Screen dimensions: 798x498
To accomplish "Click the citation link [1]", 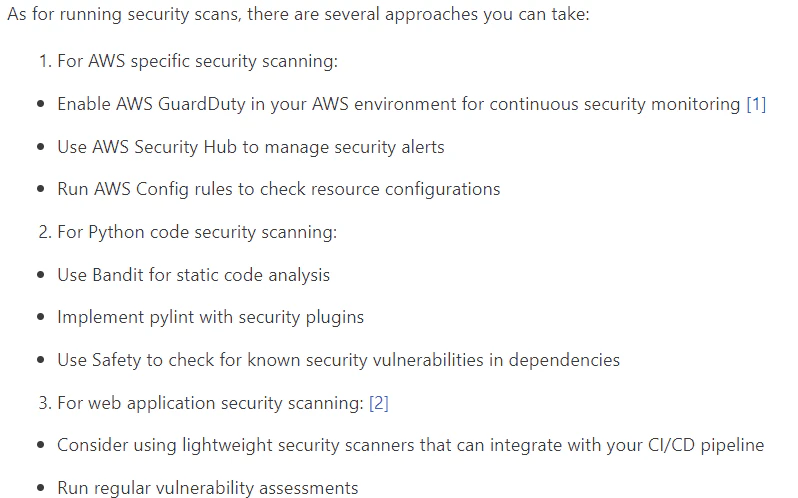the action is coord(756,104).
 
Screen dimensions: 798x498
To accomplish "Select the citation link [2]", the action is coord(379,403).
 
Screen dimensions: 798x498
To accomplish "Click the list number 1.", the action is coord(45,62).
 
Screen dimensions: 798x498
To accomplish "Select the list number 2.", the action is coord(45,232).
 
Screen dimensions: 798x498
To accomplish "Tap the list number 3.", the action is coord(45,403).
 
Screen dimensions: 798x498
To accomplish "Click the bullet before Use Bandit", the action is coord(41,275).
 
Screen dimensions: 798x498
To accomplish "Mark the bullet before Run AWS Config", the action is coord(41,190).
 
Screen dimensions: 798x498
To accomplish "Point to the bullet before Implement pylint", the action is coord(41,318).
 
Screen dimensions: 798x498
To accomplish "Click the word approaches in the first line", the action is coord(432,15).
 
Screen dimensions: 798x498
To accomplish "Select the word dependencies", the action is coord(564,361).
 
